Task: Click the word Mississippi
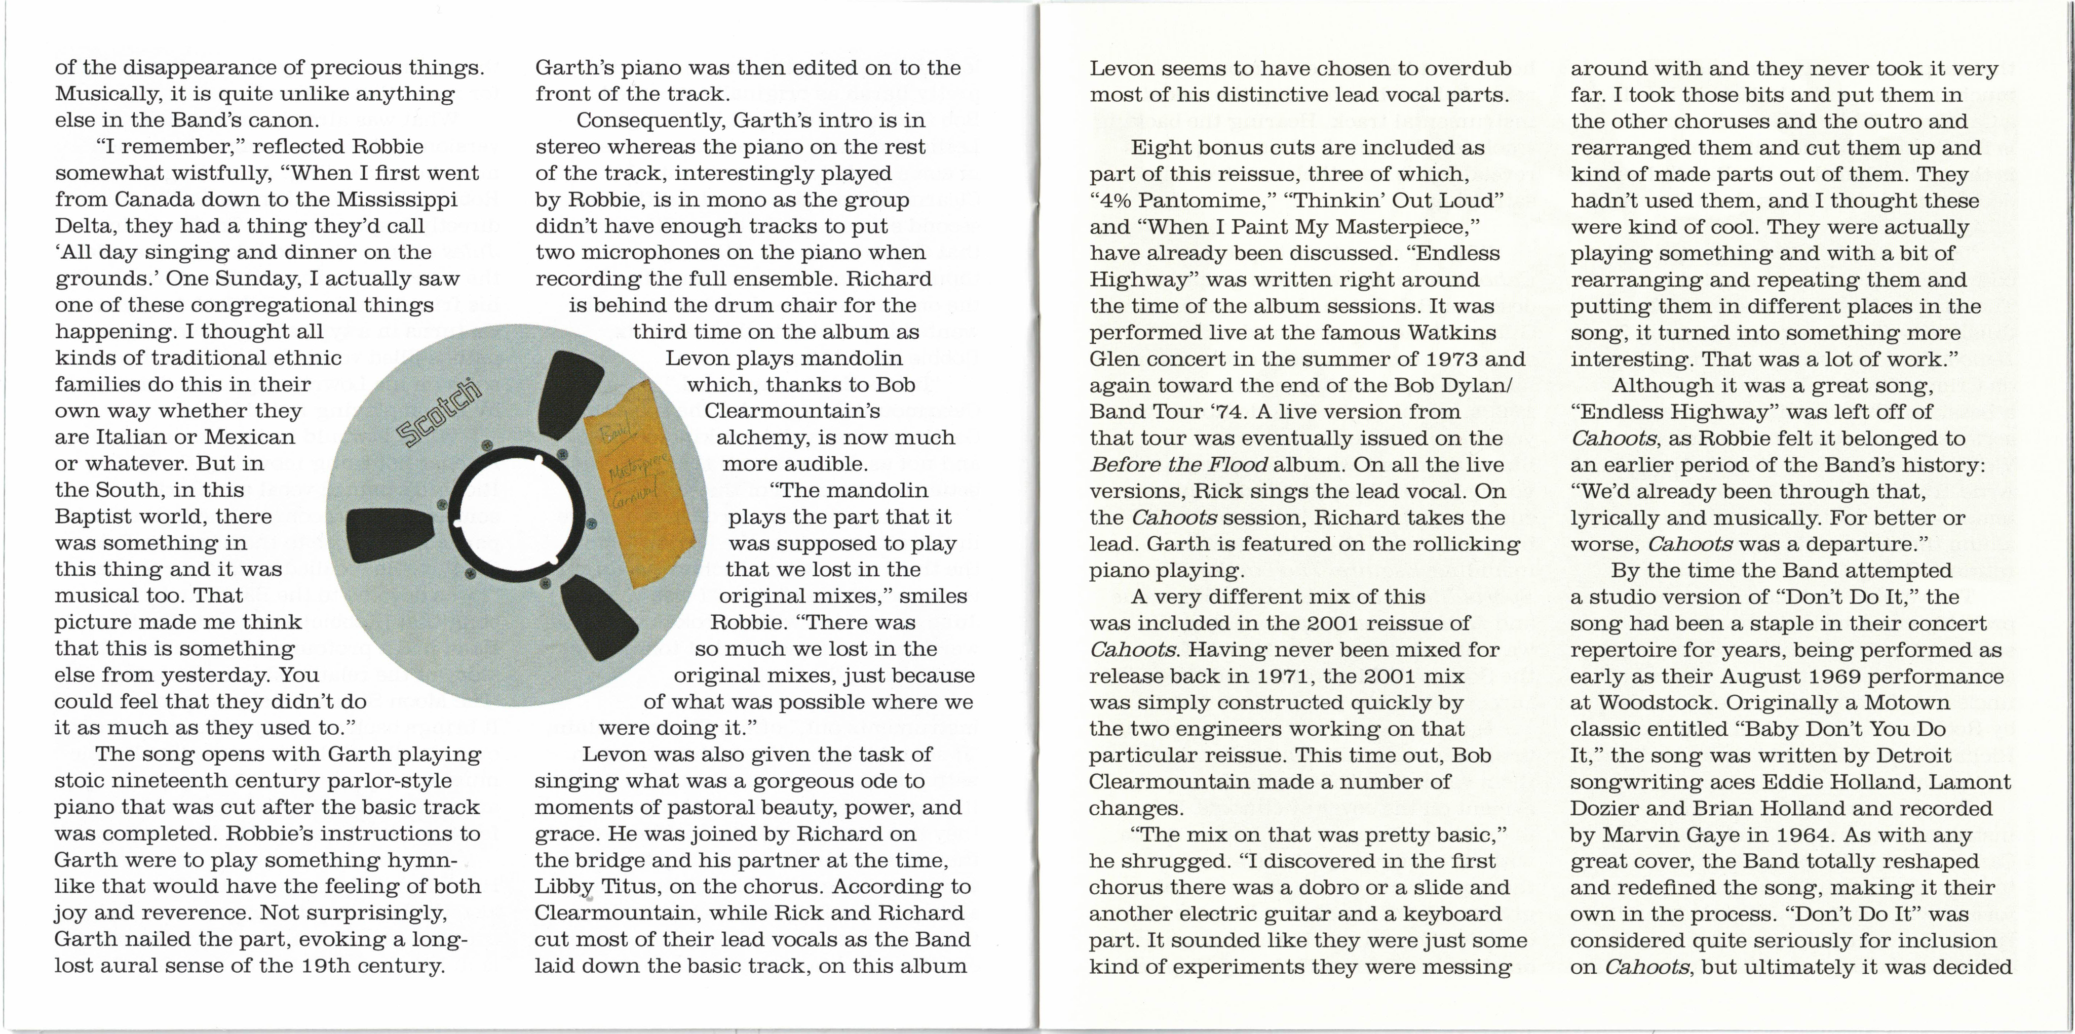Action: tap(397, 200)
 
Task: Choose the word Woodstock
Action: tap(1654, 702)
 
